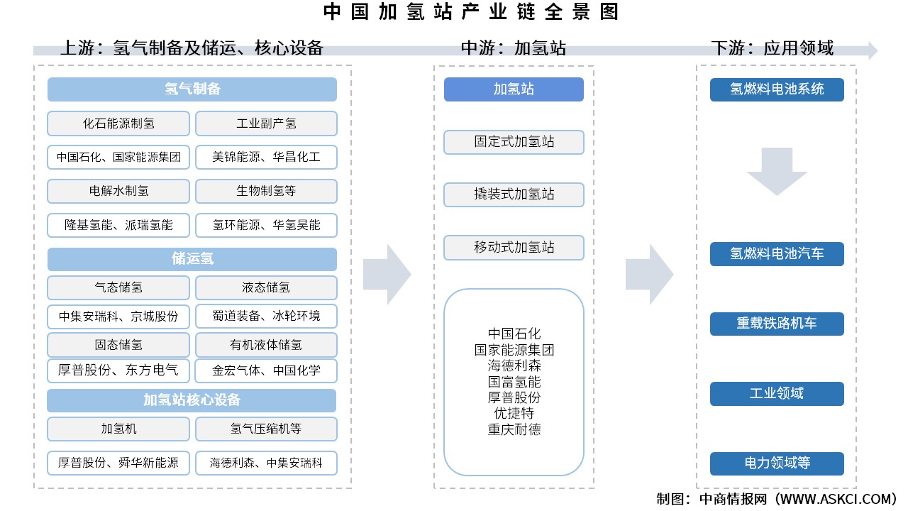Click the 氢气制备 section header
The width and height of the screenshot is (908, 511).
[x=192, y=89]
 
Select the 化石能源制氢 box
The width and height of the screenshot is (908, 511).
[x=118, y=123]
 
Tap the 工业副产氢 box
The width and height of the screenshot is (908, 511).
[x=266, y=123]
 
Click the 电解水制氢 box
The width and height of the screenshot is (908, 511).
[x=118, y=191]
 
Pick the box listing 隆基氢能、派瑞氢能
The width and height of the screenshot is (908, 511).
[x=118, y=225]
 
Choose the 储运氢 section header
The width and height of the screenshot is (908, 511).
[x=192, y=259]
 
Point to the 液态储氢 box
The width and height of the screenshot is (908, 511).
[x=266, y=287]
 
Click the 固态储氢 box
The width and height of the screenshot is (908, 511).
[x=118, y=345]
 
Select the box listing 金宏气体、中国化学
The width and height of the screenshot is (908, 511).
[x=266, y=370]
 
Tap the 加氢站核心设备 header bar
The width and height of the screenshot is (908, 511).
[x=192, y=400]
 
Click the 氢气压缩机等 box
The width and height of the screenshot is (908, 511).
[x=266, y=429]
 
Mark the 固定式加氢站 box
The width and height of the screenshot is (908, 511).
[x=514, y=142]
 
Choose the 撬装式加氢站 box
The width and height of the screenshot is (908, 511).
[x=514, y=194]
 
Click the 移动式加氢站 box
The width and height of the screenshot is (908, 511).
[x=514, y=248]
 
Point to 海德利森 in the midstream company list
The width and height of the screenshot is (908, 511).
[x=514, y=366]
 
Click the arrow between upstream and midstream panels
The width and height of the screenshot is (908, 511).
[x=387, y=274]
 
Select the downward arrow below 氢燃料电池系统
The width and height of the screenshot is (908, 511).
[x=777, y=171]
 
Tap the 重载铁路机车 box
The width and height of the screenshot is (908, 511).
[x=777, y=324]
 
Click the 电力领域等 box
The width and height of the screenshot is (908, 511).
[x=777, y=463]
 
